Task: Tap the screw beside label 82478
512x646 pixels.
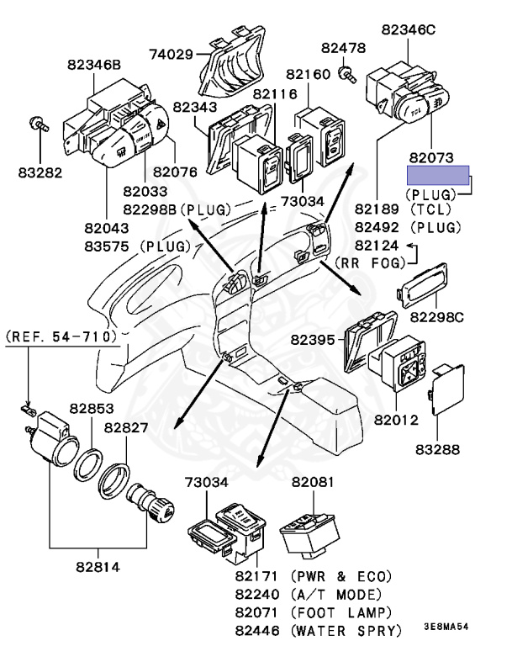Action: coord(345,75)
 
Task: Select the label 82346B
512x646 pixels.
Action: coord(94,64)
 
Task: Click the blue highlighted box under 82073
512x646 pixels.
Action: coord(440,175)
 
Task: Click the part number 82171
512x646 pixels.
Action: coord(257,577)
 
